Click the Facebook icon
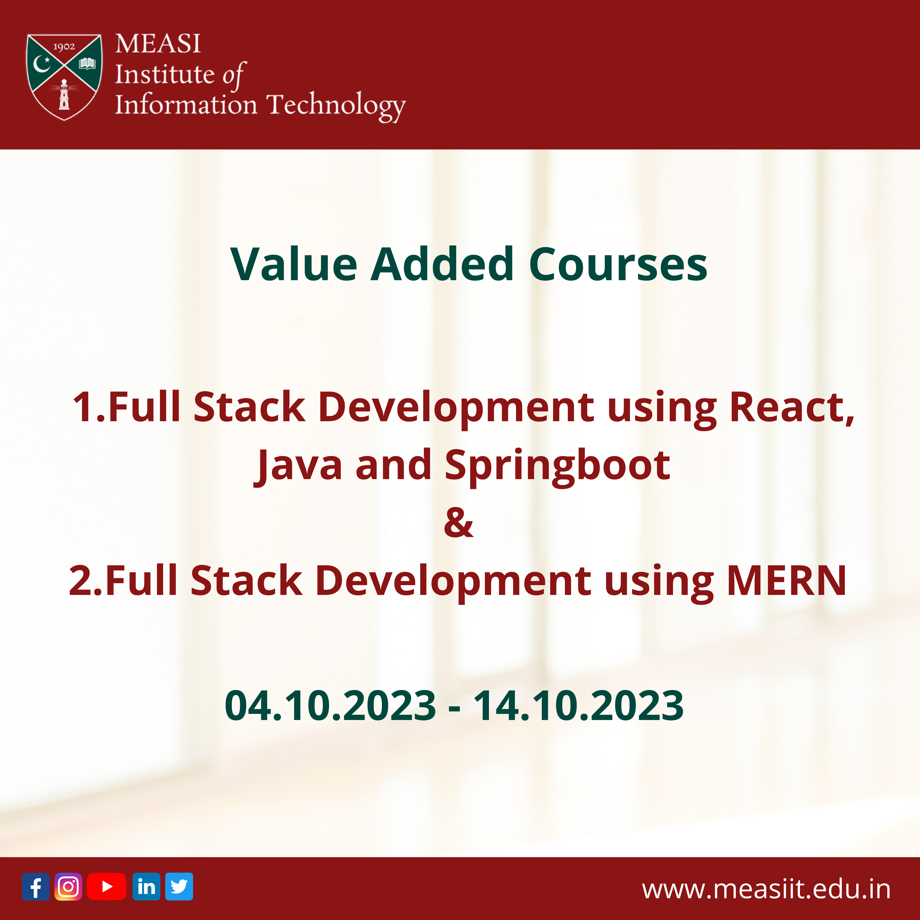[36, 887]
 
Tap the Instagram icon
[68, 887]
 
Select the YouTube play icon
[107, 887]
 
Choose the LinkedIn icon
[146, 887]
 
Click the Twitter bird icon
[179, 887]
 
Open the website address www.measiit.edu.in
[766, 889]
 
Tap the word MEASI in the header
[157, 44]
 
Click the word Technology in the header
[336, 106]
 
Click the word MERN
[787, 581]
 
